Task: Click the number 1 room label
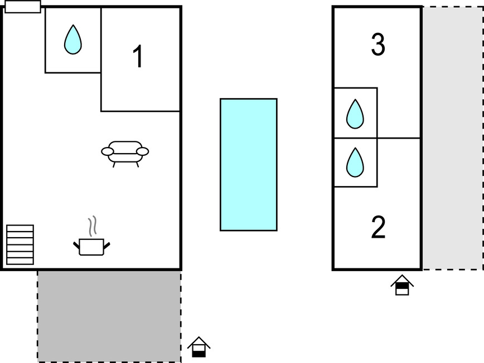click(x=138, y=57)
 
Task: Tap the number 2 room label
click(x=378, y=227)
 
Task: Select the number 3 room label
click(x=378, y=45)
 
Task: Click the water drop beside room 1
click(x=72, y=40)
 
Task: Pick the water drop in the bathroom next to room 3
click(x=355, y=114)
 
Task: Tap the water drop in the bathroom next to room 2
click(x=355, y=162)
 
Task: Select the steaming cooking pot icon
click(x=92, y=246)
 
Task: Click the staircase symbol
click(x=20, y=244)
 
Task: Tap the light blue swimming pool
click(x=248, y=164)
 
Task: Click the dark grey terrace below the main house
click(x=109, y=316)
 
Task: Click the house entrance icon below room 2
click(x=402, y=285)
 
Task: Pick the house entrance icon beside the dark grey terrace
click(x=199, y=347)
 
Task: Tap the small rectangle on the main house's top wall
click(x=22, y=7)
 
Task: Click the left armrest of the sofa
click(x=108, y=151)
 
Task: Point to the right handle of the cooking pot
click(x=107, y=244)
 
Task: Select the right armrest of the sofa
click(x=143, y=151)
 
